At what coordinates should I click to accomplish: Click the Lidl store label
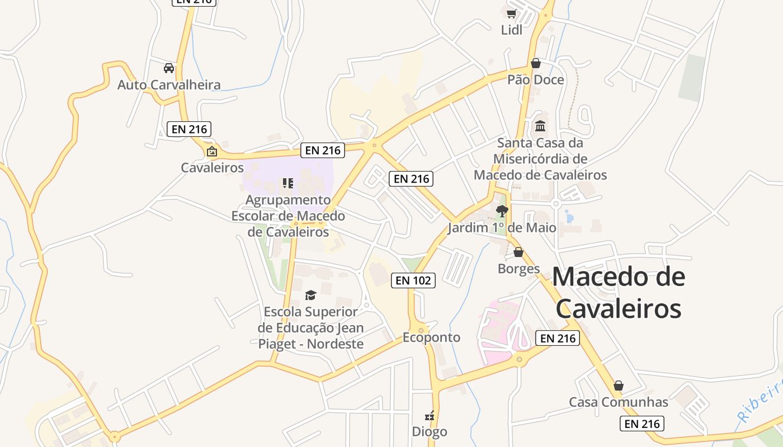coord(511,30)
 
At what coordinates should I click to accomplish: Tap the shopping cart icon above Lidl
coord(511,13)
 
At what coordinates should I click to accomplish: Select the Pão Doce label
coord(535,80)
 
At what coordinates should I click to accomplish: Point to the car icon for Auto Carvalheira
coord(168,68)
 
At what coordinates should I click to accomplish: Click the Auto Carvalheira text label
coord(169,85)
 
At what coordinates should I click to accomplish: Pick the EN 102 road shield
coord(413,280)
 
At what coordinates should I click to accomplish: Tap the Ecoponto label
coord(432,337)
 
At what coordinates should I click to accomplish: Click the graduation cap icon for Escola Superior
coord(310,295)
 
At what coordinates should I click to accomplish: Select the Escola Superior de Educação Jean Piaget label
coord(310,328)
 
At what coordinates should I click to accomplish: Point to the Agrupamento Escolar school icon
coord(288,183)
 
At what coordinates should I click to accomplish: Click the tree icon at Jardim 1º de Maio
coord(502,211)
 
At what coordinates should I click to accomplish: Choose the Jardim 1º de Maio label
coord(502,228)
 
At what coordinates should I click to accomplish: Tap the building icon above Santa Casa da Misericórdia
coord(540,126)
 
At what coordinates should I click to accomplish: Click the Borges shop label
coord(518,269)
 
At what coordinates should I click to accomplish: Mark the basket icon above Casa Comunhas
coord(618,386)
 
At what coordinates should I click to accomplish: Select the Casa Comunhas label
coord(618,402)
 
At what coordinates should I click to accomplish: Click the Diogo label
coord(430,431)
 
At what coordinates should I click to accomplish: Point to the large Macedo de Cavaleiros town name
coord(619,293)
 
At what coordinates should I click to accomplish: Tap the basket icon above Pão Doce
coord(535,63)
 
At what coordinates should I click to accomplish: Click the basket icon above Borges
coord(518,252)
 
